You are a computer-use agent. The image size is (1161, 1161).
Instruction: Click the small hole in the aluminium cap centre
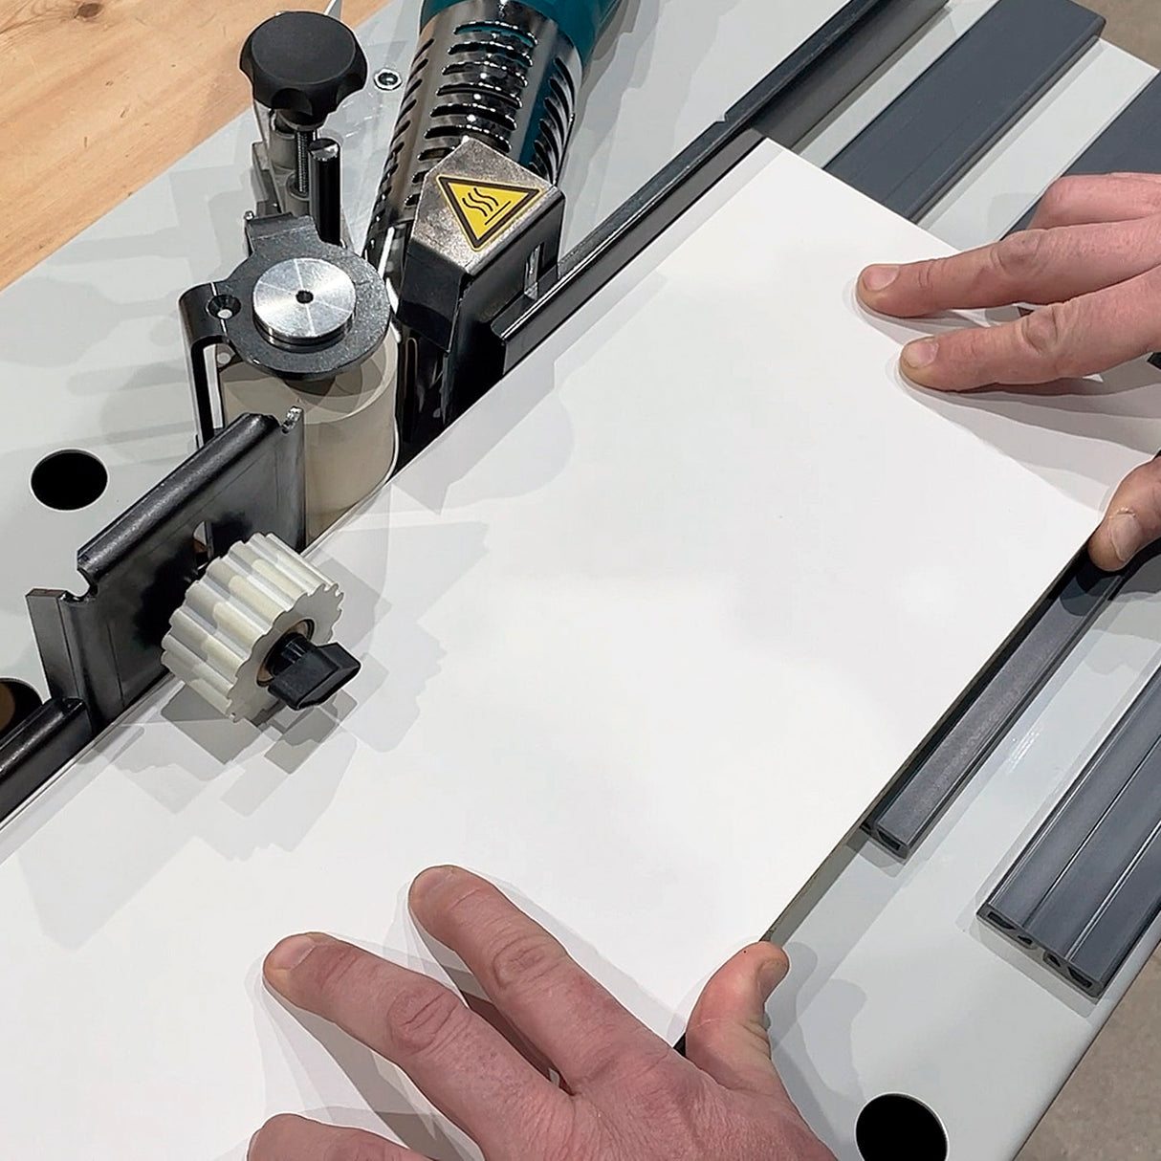click(x=304, y=297)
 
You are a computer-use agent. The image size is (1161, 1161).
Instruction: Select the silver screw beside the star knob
click(x=386, y=79)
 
